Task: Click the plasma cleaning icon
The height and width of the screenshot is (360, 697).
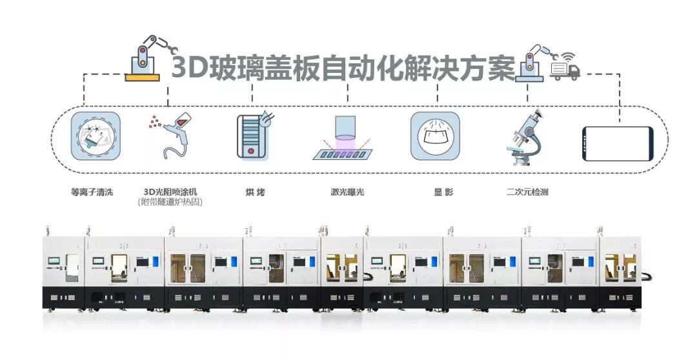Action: [96, 136]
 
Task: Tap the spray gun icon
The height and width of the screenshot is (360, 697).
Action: [171, 135]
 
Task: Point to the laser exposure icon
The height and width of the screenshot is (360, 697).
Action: [346, 138]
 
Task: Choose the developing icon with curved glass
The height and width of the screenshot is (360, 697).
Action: [435, 136]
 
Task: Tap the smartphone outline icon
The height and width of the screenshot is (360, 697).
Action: [618, 144]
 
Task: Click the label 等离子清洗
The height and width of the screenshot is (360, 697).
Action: [92, 192]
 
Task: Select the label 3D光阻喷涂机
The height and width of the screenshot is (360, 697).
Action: [170, 192]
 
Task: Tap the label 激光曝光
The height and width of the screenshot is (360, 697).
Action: [347, 192]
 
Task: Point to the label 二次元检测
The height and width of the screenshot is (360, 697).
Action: [527, 192]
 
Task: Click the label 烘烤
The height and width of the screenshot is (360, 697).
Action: [255, 192]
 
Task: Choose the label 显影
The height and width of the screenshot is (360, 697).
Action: [443, 192]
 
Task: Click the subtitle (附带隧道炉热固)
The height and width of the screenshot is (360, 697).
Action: [170, 202]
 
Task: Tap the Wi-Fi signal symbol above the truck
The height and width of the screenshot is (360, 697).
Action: [567, 57]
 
